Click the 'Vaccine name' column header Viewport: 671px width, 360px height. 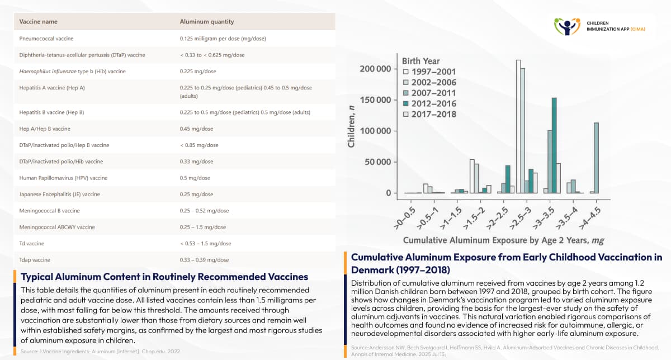pyautogui.click(x=38, y=22)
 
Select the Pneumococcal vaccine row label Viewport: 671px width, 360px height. pyautogui.click(x=46, y=39)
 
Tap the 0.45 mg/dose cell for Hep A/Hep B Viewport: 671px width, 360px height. pyautogui.click(x=196, y=129)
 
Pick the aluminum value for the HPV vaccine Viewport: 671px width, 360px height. pyautogui.click(x=195, y=178)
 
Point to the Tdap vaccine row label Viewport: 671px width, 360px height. pyautogui.click(x=35, y=260)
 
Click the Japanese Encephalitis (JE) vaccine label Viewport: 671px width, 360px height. pyautogui.click(x=59, y=195)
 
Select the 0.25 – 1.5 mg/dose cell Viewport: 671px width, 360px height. pyautogui.click(x=203, y=227)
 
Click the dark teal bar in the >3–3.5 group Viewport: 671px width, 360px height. pyautogui.click(x=554, y=145)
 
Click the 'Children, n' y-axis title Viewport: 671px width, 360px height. pyautogui.click(x=352, y=130)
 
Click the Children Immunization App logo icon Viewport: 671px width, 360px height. pyautogui.click(x=567, y=26)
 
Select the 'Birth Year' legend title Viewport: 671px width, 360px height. pyautogui.click(x=420, y=61)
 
